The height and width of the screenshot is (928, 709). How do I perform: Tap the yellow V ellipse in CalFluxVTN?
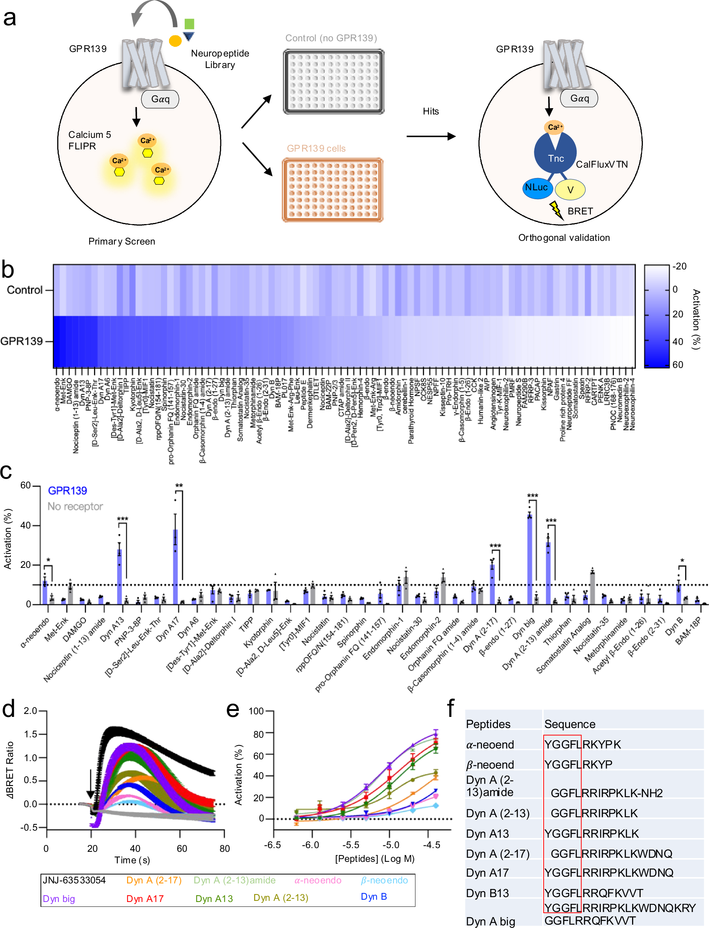(x=570, y=190)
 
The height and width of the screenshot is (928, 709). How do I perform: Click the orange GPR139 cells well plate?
(x=333, y=190)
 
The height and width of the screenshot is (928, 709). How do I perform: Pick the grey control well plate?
(x=333, y=82)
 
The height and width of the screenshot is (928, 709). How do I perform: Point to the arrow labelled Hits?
(x=430, y=136)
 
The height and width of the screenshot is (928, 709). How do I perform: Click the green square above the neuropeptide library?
(x=190, y=24)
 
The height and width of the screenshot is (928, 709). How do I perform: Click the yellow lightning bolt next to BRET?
(x=556, y=210)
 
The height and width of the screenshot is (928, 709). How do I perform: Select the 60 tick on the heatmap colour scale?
(x=678, y=365)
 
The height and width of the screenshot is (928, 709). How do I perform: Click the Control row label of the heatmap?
(x=25, y=290)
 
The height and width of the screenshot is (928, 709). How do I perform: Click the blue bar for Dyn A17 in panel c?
(x=175, y=566)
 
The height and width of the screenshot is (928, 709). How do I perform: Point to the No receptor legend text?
(x=75, y=507)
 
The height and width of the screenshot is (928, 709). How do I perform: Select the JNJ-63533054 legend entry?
(x=74, y=880)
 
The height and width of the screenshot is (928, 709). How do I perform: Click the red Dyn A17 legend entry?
(x=145, y=899)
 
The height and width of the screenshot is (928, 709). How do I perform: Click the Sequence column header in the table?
(x=570, y=724)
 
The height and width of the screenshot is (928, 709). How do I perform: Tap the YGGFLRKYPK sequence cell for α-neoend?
(x=582, y=744)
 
